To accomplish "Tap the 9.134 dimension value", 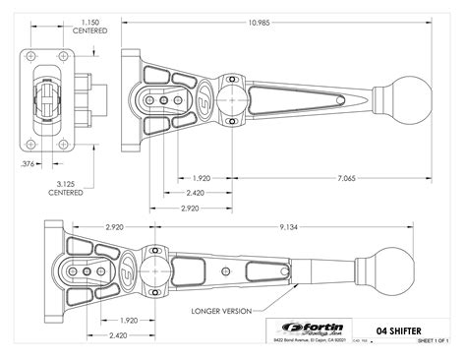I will [289, 226].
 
